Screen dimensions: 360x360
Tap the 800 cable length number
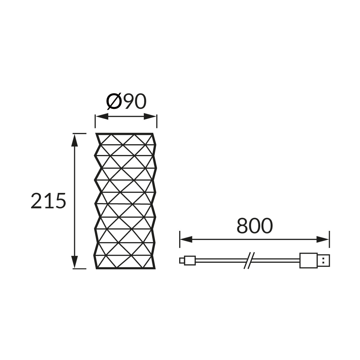(x=255, y=226)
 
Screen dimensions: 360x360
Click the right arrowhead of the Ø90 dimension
(x=150, y=116)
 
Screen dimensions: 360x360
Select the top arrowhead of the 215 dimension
(x=75, y=140)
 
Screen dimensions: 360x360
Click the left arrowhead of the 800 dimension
(x=186, y=239)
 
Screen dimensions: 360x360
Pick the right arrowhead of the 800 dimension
(x=322, y=239)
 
